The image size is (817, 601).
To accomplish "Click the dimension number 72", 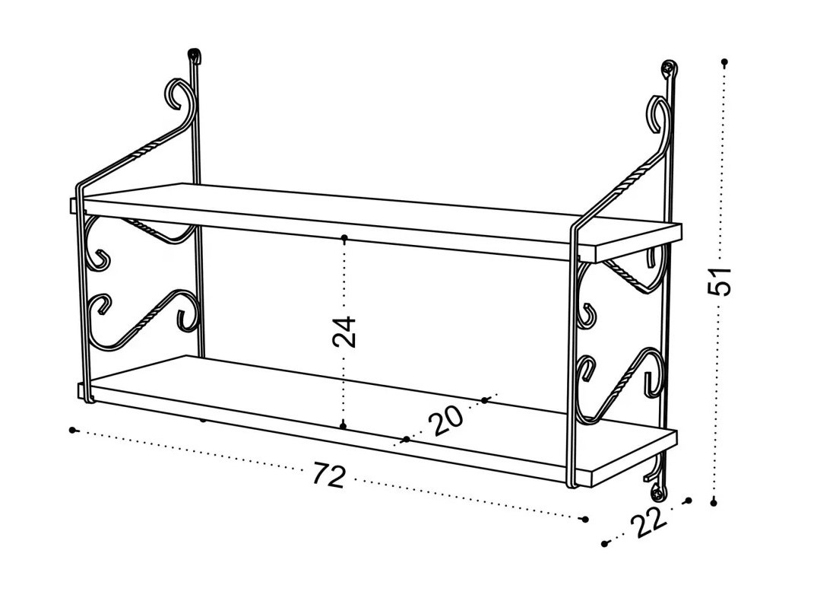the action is (x=329, y=474).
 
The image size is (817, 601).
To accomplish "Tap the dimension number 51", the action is (x=720, y=281).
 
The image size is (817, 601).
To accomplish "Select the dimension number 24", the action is (x=344, y=331).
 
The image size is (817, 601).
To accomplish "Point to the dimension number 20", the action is (x=445, y=420).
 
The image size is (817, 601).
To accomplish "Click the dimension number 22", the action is (x=649, y=522).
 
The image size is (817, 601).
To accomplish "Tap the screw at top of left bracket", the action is (x=195, y=54).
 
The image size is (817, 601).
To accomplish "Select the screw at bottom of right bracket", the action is (x=659, y=491).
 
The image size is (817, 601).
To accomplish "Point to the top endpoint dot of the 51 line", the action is (x=724, y=62).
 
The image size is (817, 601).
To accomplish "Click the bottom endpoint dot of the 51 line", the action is (x=714, y=502).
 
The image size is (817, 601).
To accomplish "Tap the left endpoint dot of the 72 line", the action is (x=72, y=430).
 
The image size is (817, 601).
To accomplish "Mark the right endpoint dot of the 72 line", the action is (x=585, y=519).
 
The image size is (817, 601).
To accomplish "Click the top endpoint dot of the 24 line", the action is (x=344, y=238).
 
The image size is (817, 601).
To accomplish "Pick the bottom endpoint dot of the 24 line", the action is (x=343, y=426).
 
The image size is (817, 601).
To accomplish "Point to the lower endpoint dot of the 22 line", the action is (x=604, y=544).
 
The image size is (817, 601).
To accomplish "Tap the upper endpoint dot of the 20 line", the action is (x=485, y=400).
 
